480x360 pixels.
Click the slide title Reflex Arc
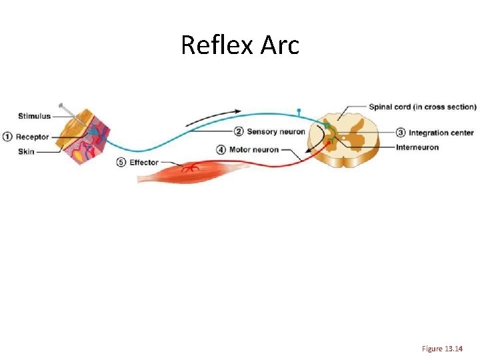240,45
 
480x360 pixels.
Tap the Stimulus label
34,116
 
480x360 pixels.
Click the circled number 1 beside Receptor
7,137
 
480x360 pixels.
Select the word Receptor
33,137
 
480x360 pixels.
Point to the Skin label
27,152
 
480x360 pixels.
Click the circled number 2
239,132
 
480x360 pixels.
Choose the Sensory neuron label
275,132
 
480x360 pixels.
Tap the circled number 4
222,150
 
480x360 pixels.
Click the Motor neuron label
254,150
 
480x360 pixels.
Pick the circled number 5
121,163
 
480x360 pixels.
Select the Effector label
144,163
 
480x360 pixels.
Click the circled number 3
400,133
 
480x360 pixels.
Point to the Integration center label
441,133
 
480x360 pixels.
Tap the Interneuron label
417,147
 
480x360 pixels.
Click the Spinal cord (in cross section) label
423,107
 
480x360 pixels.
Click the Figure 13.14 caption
443,349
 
